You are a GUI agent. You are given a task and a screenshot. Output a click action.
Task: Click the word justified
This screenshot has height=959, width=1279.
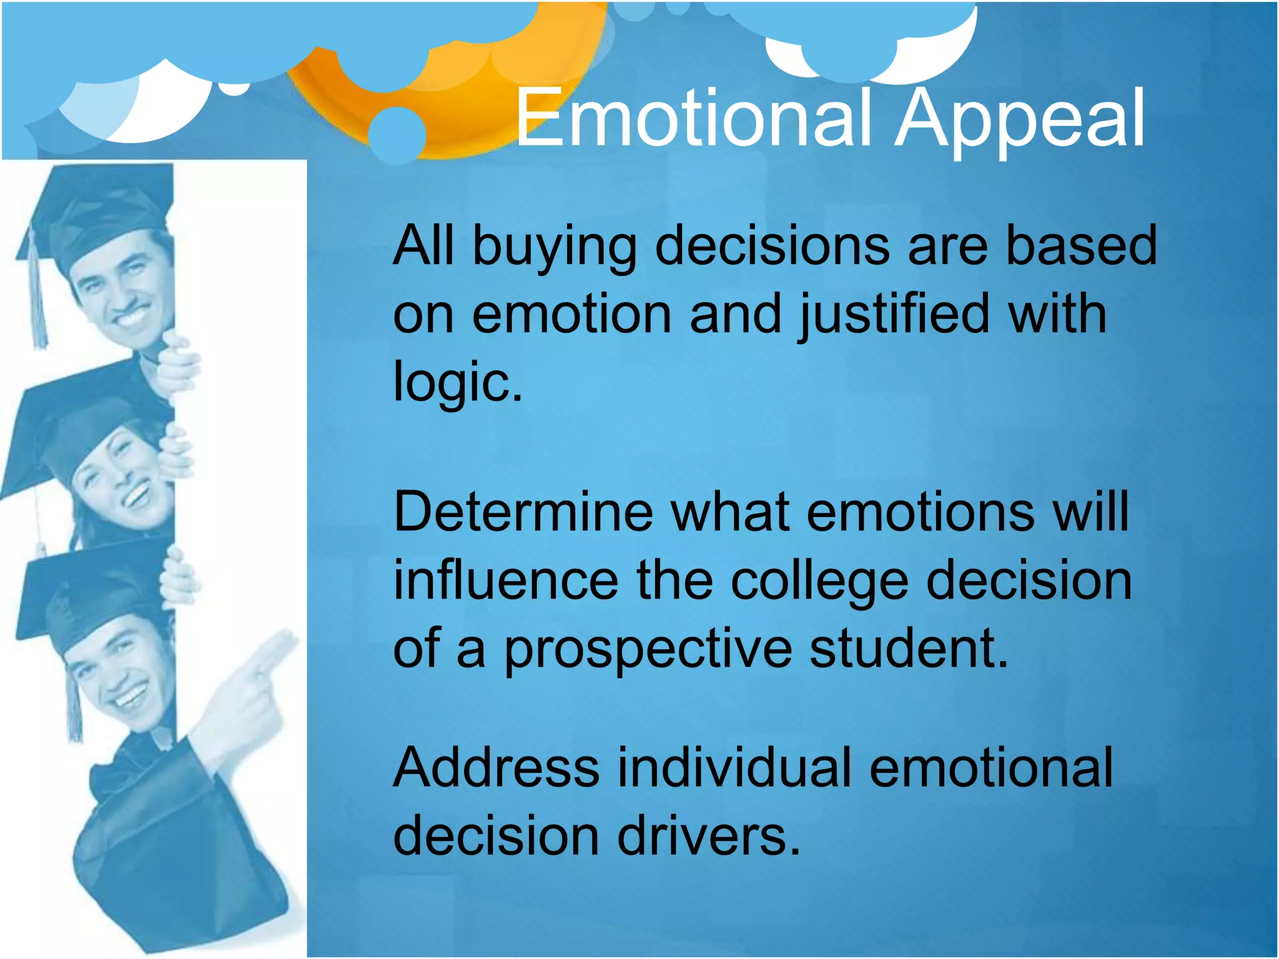894,316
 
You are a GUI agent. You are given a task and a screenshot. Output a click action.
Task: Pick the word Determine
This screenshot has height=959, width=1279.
523,512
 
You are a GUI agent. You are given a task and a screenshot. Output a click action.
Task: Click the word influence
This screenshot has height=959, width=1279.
506,580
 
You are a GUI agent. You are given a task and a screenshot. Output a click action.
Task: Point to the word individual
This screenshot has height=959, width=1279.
734,767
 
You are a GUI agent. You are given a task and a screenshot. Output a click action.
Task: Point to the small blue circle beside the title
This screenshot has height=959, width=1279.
397,134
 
